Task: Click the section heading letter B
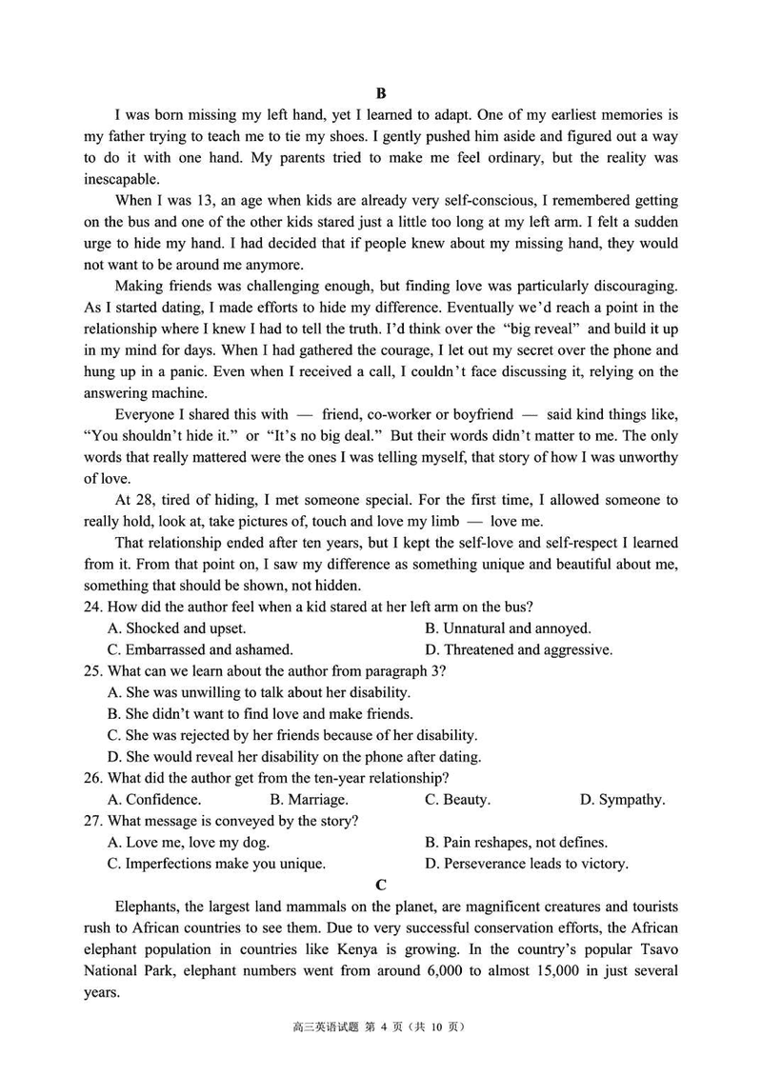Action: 381,93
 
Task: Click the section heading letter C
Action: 381,885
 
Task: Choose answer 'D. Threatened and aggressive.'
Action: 518,650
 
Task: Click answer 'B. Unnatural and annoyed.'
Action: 508,628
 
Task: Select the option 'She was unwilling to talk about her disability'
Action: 259,692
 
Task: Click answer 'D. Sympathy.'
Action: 622,800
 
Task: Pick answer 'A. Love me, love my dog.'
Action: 189,843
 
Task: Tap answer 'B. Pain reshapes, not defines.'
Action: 515,843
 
